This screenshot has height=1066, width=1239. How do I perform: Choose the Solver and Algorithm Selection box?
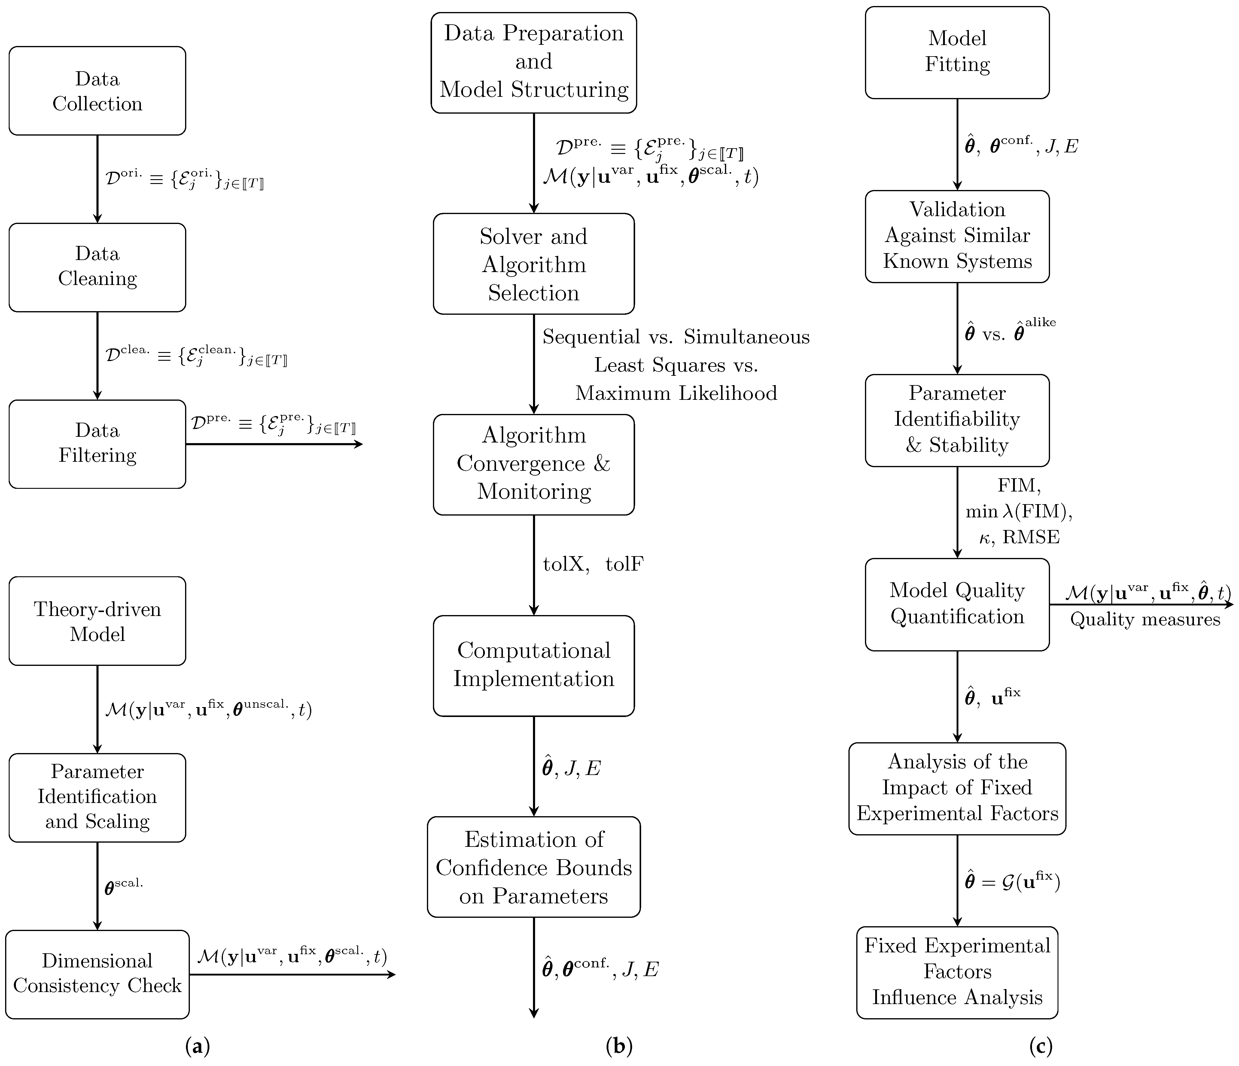(533, 264)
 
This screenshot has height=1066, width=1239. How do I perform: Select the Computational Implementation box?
(533, 665)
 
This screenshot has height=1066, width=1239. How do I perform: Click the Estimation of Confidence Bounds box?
(533, 867)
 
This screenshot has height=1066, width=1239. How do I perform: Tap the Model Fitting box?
(957, 52)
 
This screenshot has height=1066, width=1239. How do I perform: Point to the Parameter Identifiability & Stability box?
(957, 420)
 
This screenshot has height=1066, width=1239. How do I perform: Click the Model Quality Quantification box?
(957, 604)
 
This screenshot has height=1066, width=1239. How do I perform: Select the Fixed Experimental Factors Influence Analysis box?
(957, 972)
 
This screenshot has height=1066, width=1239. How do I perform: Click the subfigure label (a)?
(198, 1046)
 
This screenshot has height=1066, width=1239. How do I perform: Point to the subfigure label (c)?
(1040, 1046)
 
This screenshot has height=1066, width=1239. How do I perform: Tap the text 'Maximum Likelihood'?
(676, 393)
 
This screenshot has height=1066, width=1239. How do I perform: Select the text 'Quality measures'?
(1145, 619)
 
